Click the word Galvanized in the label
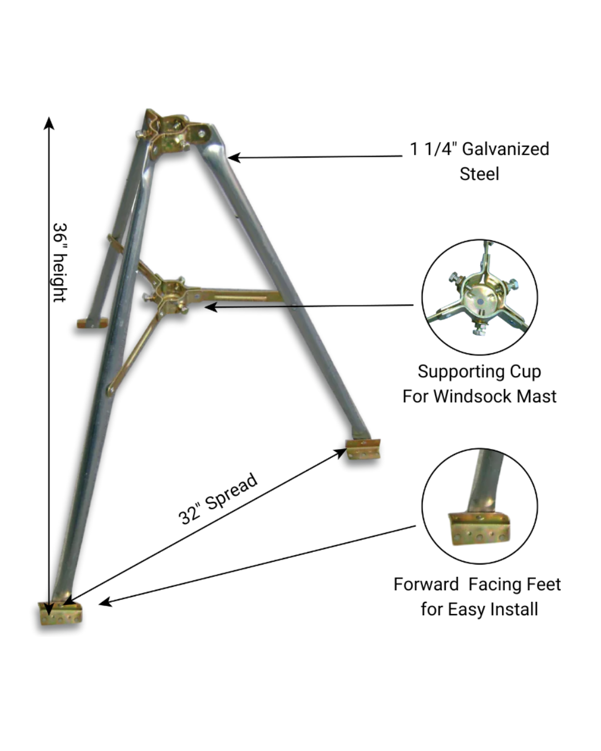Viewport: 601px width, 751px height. [505, 149]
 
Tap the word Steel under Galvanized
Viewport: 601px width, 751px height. [479, 174]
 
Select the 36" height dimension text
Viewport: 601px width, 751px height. [60, 262]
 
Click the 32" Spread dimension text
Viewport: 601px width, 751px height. [218, 498]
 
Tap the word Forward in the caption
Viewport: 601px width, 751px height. [426, 584]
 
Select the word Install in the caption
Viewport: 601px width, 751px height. [514, 609]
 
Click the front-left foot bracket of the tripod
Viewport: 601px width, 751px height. [60, 613]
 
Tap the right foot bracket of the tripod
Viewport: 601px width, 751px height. [363, 449]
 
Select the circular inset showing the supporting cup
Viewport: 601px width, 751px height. [480, 297]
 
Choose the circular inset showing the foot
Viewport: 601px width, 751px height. [480, 506]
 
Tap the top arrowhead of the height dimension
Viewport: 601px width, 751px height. [50, 122]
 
